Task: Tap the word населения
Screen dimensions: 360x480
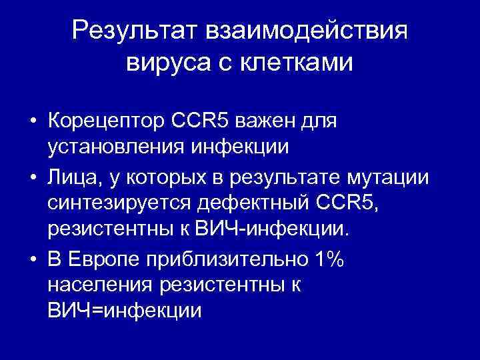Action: [99, 285]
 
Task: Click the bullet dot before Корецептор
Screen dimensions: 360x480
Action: [31, 124]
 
